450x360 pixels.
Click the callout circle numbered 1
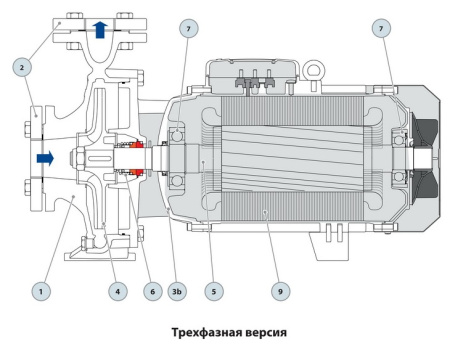pos(40,292)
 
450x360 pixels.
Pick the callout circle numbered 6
pos(152,292)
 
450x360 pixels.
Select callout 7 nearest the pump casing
pos(187,28)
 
